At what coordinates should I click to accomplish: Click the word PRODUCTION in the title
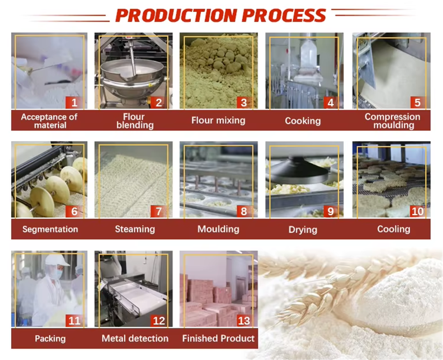click(176, 15)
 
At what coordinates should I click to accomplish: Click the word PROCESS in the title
click(284, 15)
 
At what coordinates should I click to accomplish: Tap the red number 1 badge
click(74, 102)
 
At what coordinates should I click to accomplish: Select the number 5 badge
click(417, 102)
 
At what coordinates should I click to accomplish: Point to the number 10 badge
click(417, 211)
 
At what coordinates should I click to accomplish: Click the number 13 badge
click(244, 321)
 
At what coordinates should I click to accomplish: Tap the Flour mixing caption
click(218, 121)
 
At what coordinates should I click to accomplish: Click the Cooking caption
click(303, 121)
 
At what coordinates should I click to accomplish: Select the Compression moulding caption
click(392, 121)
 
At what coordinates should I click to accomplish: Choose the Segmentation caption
click(51, 229)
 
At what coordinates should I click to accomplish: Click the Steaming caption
click(135, 229)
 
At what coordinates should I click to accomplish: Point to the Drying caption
click(303, 230)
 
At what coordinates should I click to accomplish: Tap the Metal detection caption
click(135, 339)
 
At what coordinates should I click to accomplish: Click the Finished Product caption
click(218, 339)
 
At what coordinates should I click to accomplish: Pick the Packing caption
click(51, 339)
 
